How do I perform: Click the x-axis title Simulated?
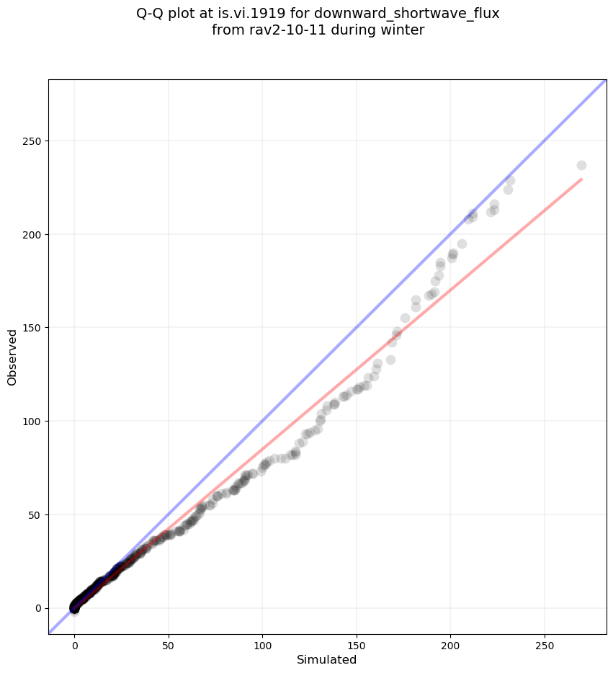(x=327, y=659)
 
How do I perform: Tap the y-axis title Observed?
(x=12, y=357)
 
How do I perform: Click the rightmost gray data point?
(x=581, y=165)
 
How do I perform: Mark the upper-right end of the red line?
(x=581, y=179)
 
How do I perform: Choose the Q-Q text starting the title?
(x=151, y=13)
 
